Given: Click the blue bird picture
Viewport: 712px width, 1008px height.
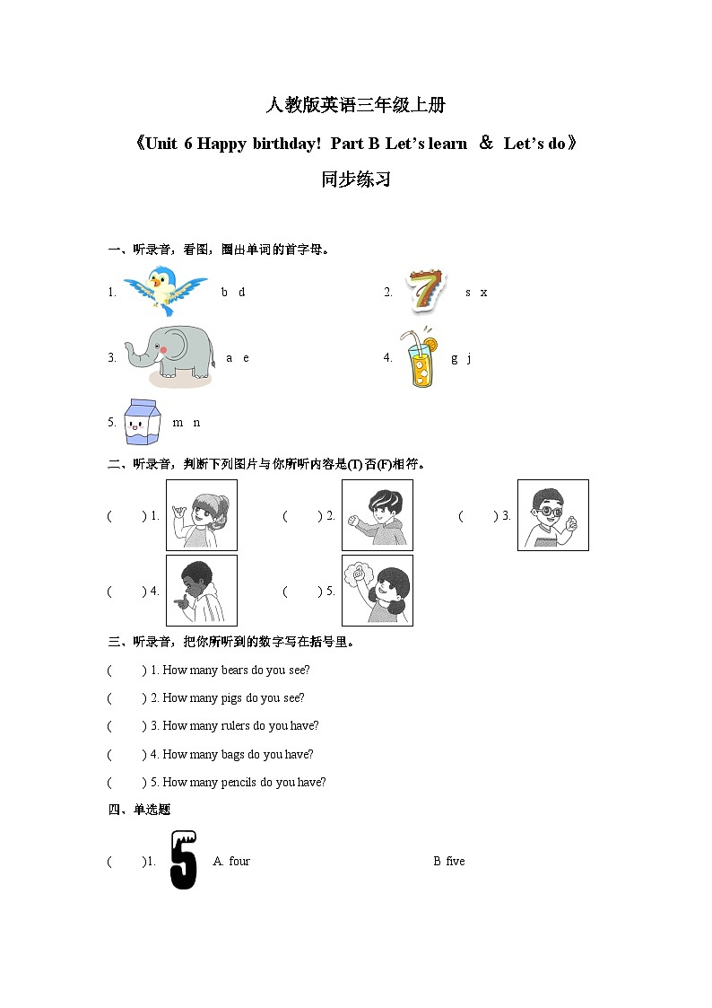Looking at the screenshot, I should tap(165, 290).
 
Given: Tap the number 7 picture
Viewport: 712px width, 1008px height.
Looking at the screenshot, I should tap(425, 291).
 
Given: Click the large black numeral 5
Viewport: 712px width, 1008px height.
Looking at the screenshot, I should tap(184, 860).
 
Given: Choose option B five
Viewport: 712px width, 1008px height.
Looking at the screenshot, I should tap(449, 862).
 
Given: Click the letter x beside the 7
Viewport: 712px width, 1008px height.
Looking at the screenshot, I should tap(483, 293).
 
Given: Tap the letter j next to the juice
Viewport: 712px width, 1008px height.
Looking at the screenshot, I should tap(469, 358).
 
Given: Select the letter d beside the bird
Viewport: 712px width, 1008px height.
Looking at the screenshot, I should tap(241, 293).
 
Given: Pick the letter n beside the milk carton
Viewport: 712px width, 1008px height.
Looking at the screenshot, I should tap(197, 423).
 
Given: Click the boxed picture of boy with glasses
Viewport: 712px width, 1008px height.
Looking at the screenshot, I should tap(553, 515).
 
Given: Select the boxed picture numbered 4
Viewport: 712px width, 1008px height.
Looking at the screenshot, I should tap(202, 591).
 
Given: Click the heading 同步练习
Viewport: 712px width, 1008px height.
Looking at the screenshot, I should tap(356, 180).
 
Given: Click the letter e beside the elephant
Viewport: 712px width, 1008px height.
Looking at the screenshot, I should tap(246, 358).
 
